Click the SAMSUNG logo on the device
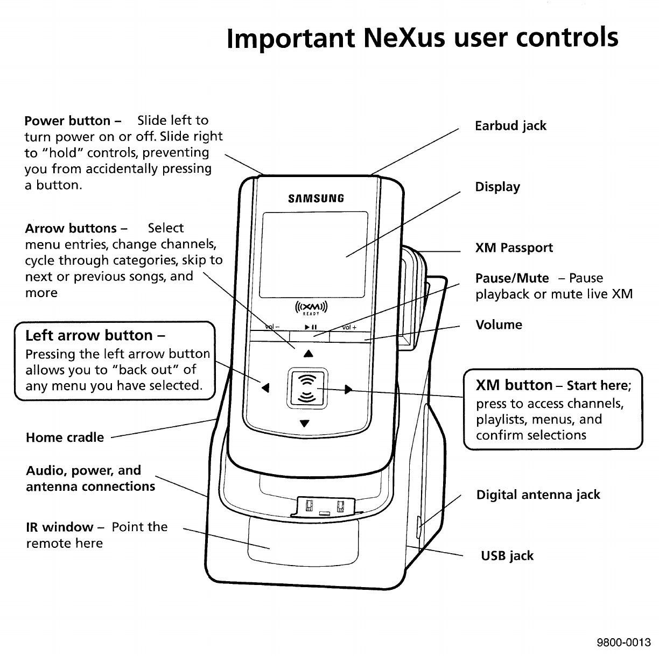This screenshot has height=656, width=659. click(316, 198)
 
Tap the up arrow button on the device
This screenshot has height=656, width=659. click(308, 354)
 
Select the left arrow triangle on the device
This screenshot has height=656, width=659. click(265, 387)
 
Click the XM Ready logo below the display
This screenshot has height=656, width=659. click(311, 308)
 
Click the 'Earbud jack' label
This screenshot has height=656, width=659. click(510, 126)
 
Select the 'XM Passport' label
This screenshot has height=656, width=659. click(514, 248)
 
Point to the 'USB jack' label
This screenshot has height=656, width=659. click(507, 556)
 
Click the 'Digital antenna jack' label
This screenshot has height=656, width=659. click(538, 495)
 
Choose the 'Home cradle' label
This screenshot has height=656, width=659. click(65, 438)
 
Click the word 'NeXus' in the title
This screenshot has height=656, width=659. click(404, 38)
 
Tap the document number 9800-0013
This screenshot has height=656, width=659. click(623, 643)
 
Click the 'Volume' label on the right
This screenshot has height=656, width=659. click(499, 325)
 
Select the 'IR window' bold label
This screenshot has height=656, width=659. click(60, 527)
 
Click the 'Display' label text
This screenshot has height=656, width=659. click(497, 187)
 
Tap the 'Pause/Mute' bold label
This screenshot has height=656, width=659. click(512, 278)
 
